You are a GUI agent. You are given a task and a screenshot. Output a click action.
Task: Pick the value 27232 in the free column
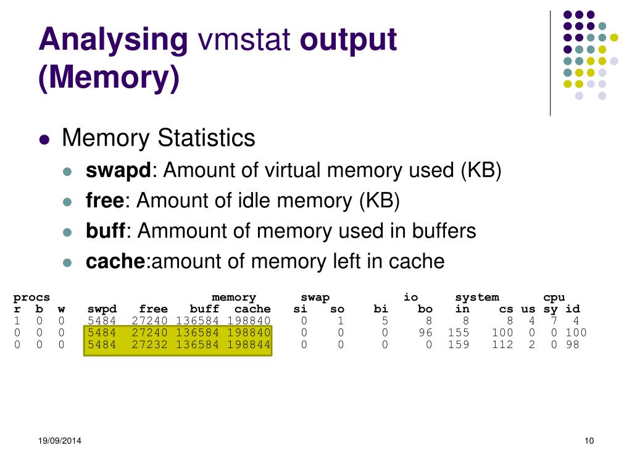coord(149,344)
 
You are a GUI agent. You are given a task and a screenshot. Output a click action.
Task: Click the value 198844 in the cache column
coord(249,344)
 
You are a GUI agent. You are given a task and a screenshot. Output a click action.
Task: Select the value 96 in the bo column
coord(425,333)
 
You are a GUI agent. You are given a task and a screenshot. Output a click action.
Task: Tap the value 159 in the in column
coord(459,344)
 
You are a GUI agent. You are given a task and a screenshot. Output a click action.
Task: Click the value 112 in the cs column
coord(502,344)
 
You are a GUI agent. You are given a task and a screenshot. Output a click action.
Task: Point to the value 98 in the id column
coord(573,344)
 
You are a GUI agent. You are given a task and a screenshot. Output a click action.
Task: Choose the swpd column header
coord(102,309)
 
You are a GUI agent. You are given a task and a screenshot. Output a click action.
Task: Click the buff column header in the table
coord(204,309)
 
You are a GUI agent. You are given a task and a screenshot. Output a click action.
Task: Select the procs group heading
coord(31,297)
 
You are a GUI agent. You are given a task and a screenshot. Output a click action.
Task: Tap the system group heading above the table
coord(476,297)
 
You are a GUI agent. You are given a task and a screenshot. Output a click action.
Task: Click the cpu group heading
coord(554,297)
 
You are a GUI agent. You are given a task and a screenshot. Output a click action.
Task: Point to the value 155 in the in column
coord(459,333)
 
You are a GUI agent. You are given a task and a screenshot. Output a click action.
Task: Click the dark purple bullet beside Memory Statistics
coord(44,139)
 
